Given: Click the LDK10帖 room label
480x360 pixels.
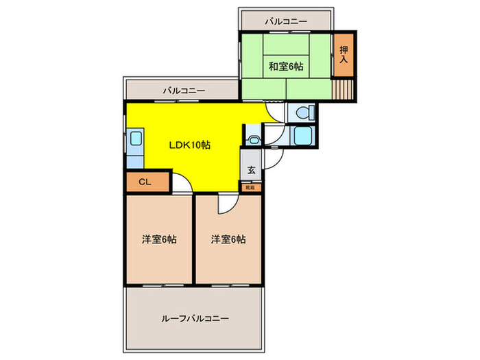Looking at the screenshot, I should point(190,145).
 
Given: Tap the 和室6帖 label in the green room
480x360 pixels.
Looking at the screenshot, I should point(285,67).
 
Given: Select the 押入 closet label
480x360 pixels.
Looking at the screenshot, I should point(344,54).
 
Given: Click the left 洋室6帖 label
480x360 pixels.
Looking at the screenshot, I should point(160,239).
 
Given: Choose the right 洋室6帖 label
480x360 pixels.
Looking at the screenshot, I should point(228,239).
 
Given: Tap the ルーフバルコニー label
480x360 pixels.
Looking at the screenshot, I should point(195,319).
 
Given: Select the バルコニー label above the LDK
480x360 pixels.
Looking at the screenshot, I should point(183,90).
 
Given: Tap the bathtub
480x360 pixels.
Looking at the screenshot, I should point(301,136).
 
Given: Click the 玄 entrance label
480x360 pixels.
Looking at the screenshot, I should point(251,170).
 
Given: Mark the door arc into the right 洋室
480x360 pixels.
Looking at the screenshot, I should point(228,204).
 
